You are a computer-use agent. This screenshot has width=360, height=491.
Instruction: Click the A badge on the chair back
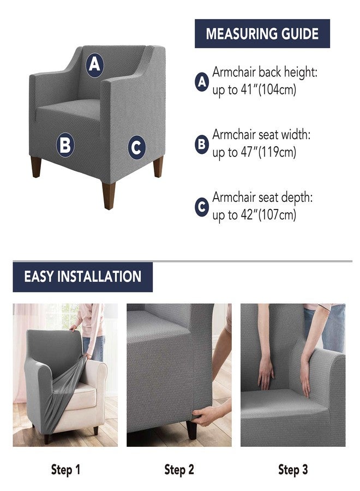(x=94, y=65)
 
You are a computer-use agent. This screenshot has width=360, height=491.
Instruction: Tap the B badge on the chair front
(x=65, y=145)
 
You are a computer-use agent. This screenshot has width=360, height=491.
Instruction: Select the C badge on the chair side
(x=137, y=147)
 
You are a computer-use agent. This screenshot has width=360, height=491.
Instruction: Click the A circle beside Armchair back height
(x=202, y=82)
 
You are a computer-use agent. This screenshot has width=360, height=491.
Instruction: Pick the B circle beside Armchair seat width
(x=202, y=145)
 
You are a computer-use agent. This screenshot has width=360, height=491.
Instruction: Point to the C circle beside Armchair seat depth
(x=202, y=207)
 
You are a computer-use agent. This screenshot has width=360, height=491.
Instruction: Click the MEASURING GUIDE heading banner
(x=262, y=33)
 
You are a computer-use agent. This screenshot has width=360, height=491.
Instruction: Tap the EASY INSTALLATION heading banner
(x=83, y=277)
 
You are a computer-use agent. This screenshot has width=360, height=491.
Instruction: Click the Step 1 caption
(x=66, y=470)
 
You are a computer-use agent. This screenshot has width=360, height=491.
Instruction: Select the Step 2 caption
(x=179, y=470)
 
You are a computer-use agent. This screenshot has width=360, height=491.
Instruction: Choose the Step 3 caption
(x=293, y=470)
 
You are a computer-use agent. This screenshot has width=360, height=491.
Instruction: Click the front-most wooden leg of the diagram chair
(x=109, y=195)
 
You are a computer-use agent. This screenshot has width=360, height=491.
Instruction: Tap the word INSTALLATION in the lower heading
(x=99, y=277)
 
